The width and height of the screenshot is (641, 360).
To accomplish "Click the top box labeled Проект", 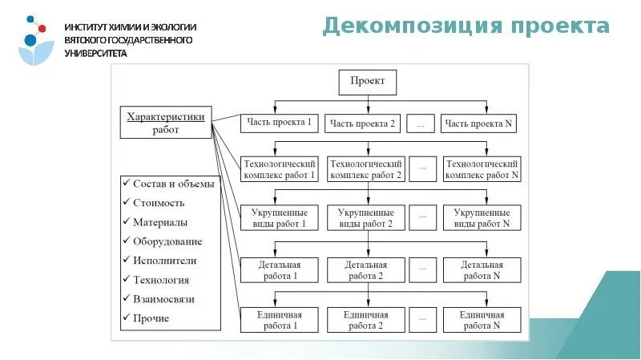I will coord(368,82).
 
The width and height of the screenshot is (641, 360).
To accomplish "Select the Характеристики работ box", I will coord(165,123).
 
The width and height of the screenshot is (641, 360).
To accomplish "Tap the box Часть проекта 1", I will coord(280,123).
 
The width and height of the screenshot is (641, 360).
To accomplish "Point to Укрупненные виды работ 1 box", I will coord(280,218).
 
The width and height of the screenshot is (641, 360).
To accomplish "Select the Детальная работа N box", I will coord(482,270).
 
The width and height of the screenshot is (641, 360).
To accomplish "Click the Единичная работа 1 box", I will coord(280,320).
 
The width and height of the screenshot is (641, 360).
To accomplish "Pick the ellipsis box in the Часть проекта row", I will coord(424,123).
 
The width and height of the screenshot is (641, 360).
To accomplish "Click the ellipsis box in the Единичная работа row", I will coord(424,320).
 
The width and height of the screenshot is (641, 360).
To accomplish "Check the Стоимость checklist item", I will coord(159,203).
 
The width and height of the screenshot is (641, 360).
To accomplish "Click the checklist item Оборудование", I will coord(167,241).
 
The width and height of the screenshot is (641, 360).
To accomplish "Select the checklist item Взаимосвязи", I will coord(164,299).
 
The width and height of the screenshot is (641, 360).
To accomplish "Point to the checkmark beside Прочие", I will coord(126,318).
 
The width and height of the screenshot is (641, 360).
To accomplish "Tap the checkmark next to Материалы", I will coord(126,222).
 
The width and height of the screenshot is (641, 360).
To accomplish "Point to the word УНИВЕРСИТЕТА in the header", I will coord(96,53).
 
